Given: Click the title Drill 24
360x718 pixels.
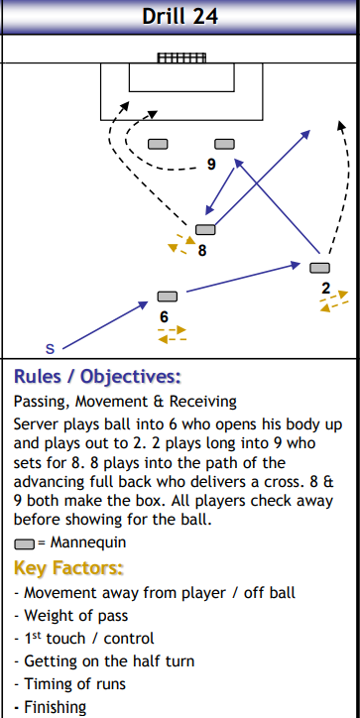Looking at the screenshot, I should [x=180, y=16].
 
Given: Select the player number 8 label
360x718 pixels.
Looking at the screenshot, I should [x=201, y=251].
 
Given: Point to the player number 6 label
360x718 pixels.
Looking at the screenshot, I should [x=165, y=315].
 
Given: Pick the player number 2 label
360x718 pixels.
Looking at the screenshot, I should [x=325, y=289].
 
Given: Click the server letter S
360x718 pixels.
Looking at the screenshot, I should [x=50, y=348].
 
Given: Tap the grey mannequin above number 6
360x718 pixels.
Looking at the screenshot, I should [x=168, y=296].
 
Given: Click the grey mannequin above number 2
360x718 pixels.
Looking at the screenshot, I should [x=319, y=268].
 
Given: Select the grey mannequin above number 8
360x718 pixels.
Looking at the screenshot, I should [x=205, y=230].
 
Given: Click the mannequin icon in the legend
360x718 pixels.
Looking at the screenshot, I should [x=25, y=543].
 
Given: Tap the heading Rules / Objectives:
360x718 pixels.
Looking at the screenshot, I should [x=97, y=377].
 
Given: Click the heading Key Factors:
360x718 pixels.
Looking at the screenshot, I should [x=68, y=568].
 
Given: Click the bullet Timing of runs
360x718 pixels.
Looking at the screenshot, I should [x=65, y=684].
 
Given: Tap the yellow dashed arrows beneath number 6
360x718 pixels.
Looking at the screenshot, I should [x=172, y=334].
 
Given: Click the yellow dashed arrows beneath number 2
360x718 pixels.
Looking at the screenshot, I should [x=334, y=300].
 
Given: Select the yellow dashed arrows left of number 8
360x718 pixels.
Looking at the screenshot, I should [x=180, y=243].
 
